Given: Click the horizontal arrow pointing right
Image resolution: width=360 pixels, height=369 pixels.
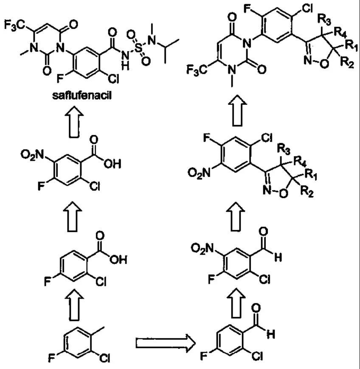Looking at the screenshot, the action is (164, 341).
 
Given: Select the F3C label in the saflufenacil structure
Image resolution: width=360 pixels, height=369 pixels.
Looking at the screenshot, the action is (14, 26).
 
